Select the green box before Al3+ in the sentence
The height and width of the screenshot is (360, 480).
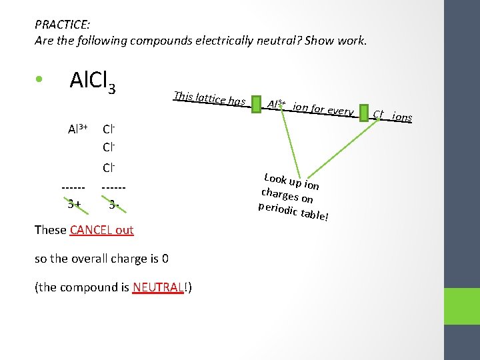[256, 105]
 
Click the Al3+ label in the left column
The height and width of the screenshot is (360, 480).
[79, 129]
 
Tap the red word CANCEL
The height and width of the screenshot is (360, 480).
[91, 230]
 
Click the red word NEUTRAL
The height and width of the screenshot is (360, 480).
[157, 287]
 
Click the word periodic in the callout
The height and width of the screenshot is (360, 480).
[278, 209]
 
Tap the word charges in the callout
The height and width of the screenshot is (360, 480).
[279, 194]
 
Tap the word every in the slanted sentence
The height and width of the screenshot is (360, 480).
[340, 111]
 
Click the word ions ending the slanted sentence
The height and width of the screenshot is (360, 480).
[402, 117]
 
